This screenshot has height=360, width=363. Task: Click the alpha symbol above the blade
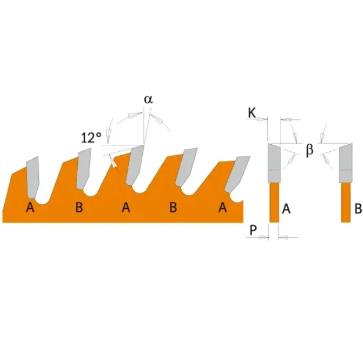[149, 99]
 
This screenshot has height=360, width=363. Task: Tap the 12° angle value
[91, 138]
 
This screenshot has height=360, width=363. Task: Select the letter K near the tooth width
[252, 113]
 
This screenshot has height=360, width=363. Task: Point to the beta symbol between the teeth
[310, 149]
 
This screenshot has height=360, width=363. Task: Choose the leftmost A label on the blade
[30, 207]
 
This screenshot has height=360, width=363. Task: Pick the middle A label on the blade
[126, 207]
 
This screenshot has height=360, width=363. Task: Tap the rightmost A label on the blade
[222, 207]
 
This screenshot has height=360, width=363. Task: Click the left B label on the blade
[79, 207]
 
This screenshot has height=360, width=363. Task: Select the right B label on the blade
[174, 207]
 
